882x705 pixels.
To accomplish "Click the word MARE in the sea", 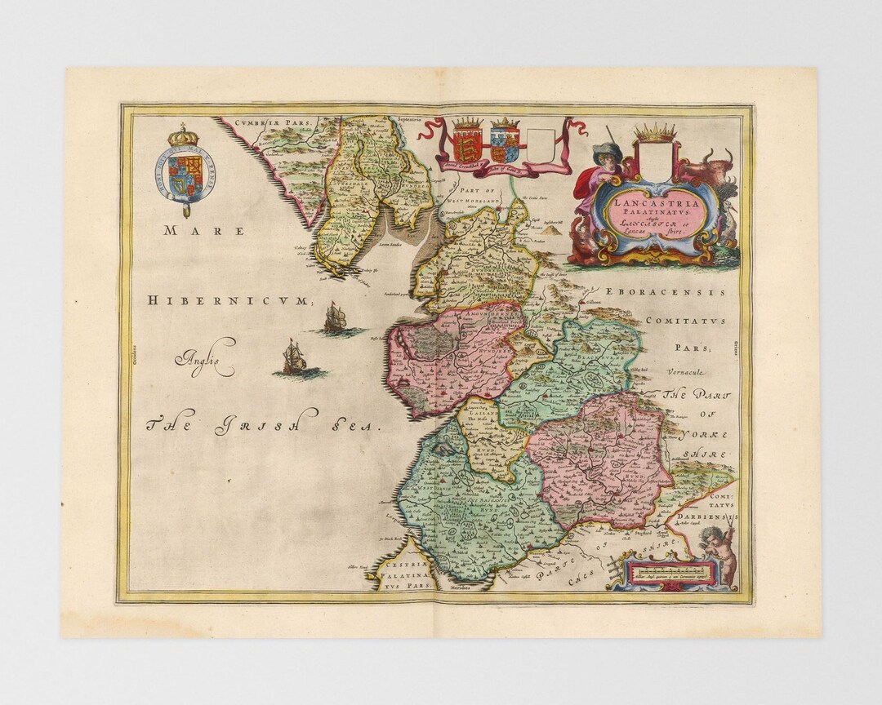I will coord(204,231).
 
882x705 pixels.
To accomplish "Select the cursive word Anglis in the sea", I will coord(204,356).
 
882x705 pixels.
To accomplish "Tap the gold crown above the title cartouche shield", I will coord(655,132).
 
